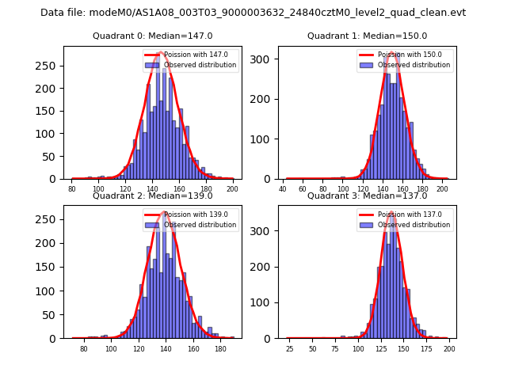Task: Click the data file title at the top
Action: pos(253,13)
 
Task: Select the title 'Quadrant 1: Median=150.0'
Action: pos(368,36)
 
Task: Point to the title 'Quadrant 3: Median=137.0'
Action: pos(368,196)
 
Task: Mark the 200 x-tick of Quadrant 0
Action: pos(233,189)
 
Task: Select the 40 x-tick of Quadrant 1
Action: pos(283,189)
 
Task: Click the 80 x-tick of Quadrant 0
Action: pos(72,189)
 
